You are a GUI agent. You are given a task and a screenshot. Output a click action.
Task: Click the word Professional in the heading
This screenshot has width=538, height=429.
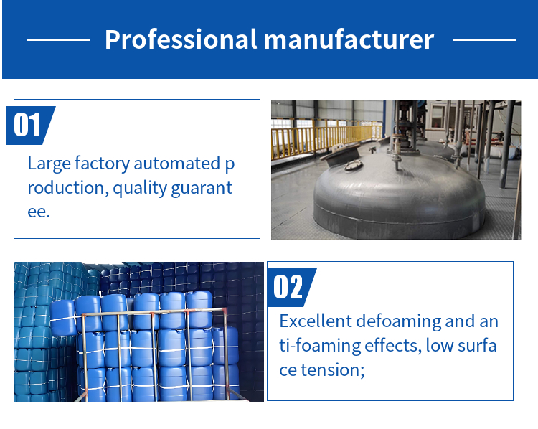click(x=181, y=39)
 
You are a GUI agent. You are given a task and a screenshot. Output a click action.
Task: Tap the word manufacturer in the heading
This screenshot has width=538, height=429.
click(x=349, y=39)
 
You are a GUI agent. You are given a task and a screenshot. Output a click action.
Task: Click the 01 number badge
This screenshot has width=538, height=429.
click(x=31, y=126)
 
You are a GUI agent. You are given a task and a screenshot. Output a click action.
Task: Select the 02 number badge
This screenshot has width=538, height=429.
click(x=292, y=287)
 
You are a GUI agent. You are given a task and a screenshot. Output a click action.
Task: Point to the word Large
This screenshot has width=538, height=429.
click(x=49, y=164)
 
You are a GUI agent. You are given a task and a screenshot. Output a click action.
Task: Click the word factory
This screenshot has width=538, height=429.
click(x=103, y=164)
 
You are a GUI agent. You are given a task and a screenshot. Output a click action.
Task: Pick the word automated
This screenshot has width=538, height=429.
click(x=177, y=164)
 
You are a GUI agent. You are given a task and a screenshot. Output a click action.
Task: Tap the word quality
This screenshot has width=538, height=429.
click(x=140, y=189)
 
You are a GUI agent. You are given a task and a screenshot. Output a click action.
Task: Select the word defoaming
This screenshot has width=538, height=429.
click(x=398, y=322)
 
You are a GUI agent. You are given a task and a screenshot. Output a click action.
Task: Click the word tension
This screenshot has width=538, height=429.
click(x=332, y=370)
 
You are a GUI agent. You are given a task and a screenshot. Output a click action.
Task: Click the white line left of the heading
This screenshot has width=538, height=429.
click(x=59, y=39)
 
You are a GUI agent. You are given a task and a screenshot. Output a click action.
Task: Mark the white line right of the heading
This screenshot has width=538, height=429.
click(x=484, y=39)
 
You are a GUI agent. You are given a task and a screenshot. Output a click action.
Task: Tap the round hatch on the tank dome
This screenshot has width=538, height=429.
click(x=354, y=166)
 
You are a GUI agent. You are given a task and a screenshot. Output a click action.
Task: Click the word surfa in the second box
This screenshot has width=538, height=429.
click(x=477, y=346)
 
